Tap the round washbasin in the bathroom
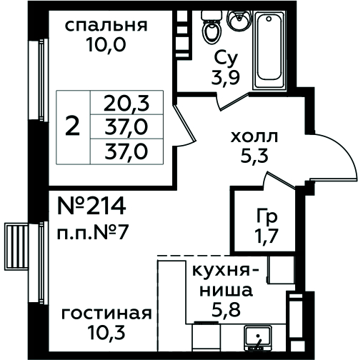pos(239,19)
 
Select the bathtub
pos(269,51)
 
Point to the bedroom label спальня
pos(106,26)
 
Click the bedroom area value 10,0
pos(106,44)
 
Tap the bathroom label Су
pos(226,59)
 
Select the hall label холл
pos(254,136)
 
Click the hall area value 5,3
pos(254,156)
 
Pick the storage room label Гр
pos(267,217)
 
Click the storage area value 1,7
pos(267,236)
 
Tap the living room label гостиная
pos(106,314)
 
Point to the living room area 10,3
pos(106,332)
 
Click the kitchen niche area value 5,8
pos(226,309)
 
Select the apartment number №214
pos(92,206)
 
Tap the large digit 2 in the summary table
pos(72,127)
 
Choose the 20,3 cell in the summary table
pos(126,103)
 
